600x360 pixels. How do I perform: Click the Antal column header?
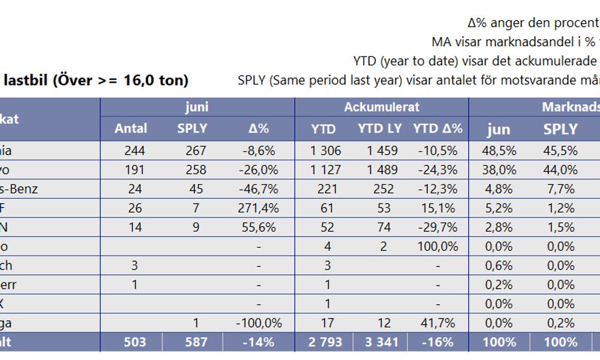click(131, 128)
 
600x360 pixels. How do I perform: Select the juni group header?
click(197, 107)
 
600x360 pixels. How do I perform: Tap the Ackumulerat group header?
click(382, 107)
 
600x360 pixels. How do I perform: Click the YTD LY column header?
click(380, 128)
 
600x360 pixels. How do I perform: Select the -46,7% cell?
click(259, 189)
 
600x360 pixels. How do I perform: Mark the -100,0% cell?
click(259, 323)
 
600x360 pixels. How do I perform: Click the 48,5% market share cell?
click(498, 151)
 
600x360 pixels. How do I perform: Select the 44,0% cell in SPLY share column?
click(560, 170)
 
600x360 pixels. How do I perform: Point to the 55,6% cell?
click(259, 227)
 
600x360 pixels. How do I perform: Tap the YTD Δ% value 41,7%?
click(438, 323)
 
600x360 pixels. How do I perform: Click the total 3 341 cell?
click(380, 342)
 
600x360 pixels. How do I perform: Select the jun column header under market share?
click(498, 128)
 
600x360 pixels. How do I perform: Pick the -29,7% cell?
click(438, 227)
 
